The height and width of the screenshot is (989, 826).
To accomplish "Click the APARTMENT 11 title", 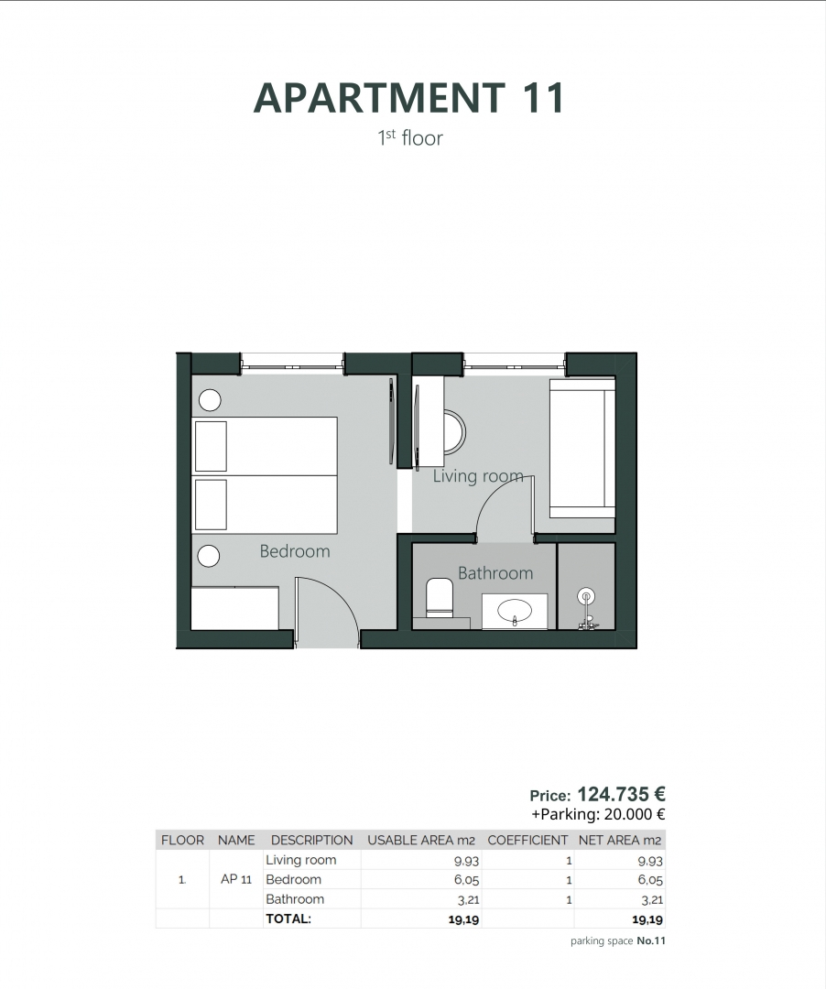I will pyautogui.click(x=408, y=98).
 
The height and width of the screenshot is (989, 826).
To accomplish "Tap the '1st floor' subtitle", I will pyautogui.click(x=409, y=138).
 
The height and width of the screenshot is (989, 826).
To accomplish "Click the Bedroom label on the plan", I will pyautogui.click(x=294, y=551).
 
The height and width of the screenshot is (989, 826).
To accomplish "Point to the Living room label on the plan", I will pyautogui.click(x=478, y=476).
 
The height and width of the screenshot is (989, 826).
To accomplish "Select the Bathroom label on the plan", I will pyautogui.click(x=495, y=573).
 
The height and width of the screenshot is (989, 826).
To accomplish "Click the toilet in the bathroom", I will pyautogui.click(x=440, y=596).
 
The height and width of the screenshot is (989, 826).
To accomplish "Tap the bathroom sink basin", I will pyautogui.click(x=515, y=610).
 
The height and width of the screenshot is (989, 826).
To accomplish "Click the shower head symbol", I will pyautogui.click(x=586, y=597).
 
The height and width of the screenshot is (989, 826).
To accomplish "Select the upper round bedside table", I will pyautogui.click(x=210, y=399).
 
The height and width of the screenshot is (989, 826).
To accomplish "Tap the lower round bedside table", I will pyautogui.click(x=210, y=556).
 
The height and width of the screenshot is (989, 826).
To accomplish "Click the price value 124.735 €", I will pyautogui.click(x=621, y=795).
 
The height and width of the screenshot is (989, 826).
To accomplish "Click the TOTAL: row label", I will pyautogui.click(x=288, y=918).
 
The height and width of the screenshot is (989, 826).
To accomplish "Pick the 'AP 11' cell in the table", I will pyautogui.click(x=236, y=880).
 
